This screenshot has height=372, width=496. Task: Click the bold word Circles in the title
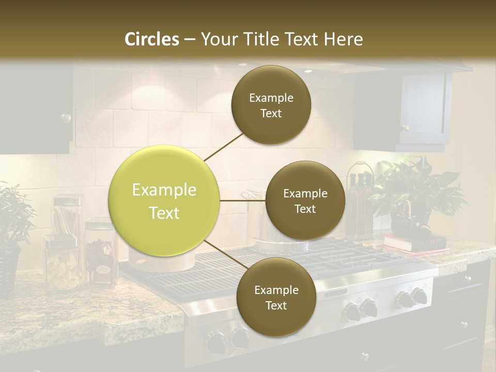pyautogui.click(x=152, y=39)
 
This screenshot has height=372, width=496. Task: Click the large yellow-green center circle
pyautogui.click(x=164, y=200)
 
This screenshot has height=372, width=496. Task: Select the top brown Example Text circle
pyautogui.click(x=271, y=105)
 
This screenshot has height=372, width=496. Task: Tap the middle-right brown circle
pyautogui.click(x=305, y=200)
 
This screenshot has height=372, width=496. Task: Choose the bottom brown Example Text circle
pyautogui.click(x=276, y=297)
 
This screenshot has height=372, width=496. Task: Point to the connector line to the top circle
pyautogui.click(x=224, y=146)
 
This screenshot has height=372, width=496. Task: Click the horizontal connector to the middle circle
pyautogui.click(x=242, y=200)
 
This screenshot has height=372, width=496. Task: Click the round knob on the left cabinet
pyautogui.click(x=66, y=118)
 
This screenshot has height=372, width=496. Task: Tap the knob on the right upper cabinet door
pyautogui.click(x=406, y=128)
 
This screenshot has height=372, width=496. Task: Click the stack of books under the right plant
pyautogui.click(x=413, y=242)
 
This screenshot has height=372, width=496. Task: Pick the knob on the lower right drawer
pyautogui.click(x=464, y=325)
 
